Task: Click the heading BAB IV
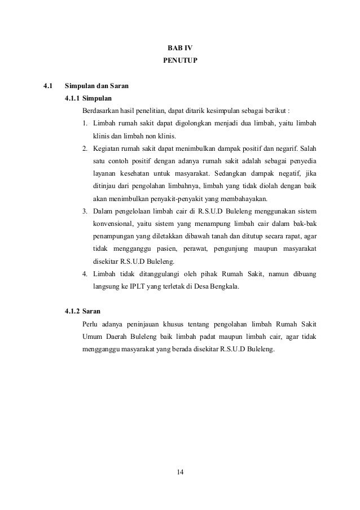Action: (180, 48)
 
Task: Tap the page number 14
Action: (180, 472)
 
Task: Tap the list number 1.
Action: (85, 124)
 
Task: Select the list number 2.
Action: (85, 149)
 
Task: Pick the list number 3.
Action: (85, 211)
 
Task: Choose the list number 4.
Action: (85, 274)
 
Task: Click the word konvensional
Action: (113, 224)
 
